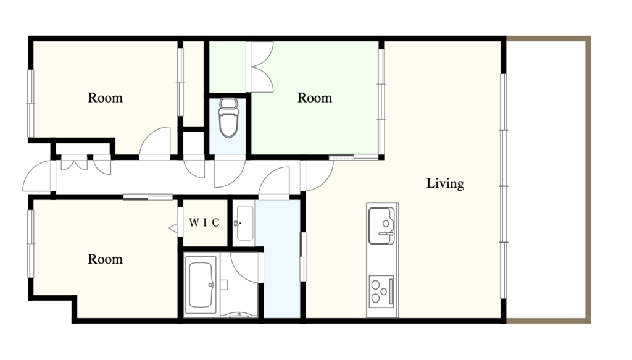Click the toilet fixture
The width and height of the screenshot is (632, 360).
[228, 117]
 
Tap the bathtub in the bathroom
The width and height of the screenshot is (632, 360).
[201, 285]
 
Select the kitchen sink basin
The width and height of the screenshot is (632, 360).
[381, 226]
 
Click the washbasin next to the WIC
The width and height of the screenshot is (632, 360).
[244, 223]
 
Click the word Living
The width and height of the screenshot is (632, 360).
[445, 184]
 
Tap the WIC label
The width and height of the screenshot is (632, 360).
[204, 222]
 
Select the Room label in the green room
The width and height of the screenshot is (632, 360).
[315, 98]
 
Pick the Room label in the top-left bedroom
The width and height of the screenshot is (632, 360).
[105, 98]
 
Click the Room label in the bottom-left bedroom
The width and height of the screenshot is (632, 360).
[105, 259]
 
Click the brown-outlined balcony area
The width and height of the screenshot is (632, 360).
[548, 180]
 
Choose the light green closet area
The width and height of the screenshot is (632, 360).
[228, 67]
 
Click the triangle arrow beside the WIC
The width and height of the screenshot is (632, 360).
[173, 228]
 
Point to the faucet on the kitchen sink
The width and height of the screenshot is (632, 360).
[385, 233]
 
